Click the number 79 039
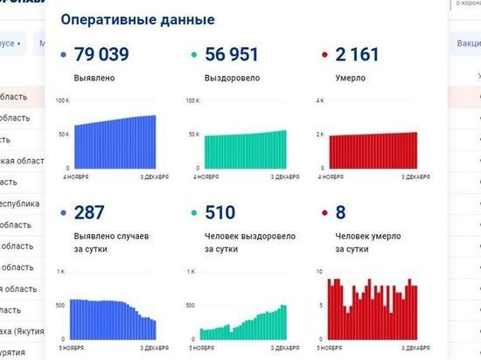(101, 55)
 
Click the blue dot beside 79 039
(63, 56)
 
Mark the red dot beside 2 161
(324, 56)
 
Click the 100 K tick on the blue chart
(62, 101)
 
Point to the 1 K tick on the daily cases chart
(60, 273)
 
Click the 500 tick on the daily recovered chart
(190, 306)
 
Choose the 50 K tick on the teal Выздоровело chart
(194, 135)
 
